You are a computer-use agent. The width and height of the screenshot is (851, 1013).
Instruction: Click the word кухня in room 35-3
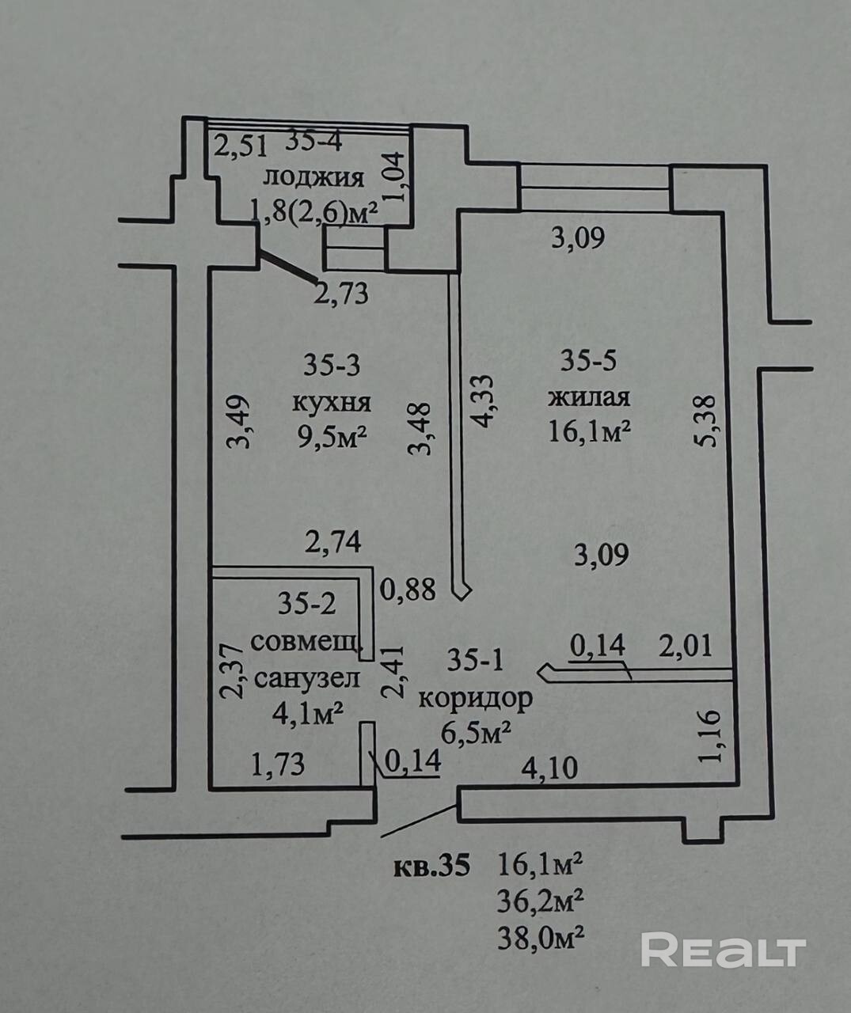point(332,403)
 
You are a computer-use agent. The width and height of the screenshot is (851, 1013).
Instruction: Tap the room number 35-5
point(588,362)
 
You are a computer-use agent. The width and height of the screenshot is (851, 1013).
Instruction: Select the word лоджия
point(313,180)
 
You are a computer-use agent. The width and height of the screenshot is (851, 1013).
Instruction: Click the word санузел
point(307,678)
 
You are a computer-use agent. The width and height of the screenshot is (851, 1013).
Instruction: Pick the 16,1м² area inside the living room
point(590,431)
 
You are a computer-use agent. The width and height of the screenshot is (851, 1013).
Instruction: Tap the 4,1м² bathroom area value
point(308,714)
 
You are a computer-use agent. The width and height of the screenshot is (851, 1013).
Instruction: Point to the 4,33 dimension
point(483,400)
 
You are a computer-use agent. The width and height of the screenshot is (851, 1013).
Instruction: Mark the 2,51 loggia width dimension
point(241,146)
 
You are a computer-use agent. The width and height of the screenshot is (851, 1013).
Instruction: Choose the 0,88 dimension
point(408,590)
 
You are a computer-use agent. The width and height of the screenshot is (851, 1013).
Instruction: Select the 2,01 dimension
point(686,647)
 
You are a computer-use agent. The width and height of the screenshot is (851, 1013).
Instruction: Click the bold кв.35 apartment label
point(431,866)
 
